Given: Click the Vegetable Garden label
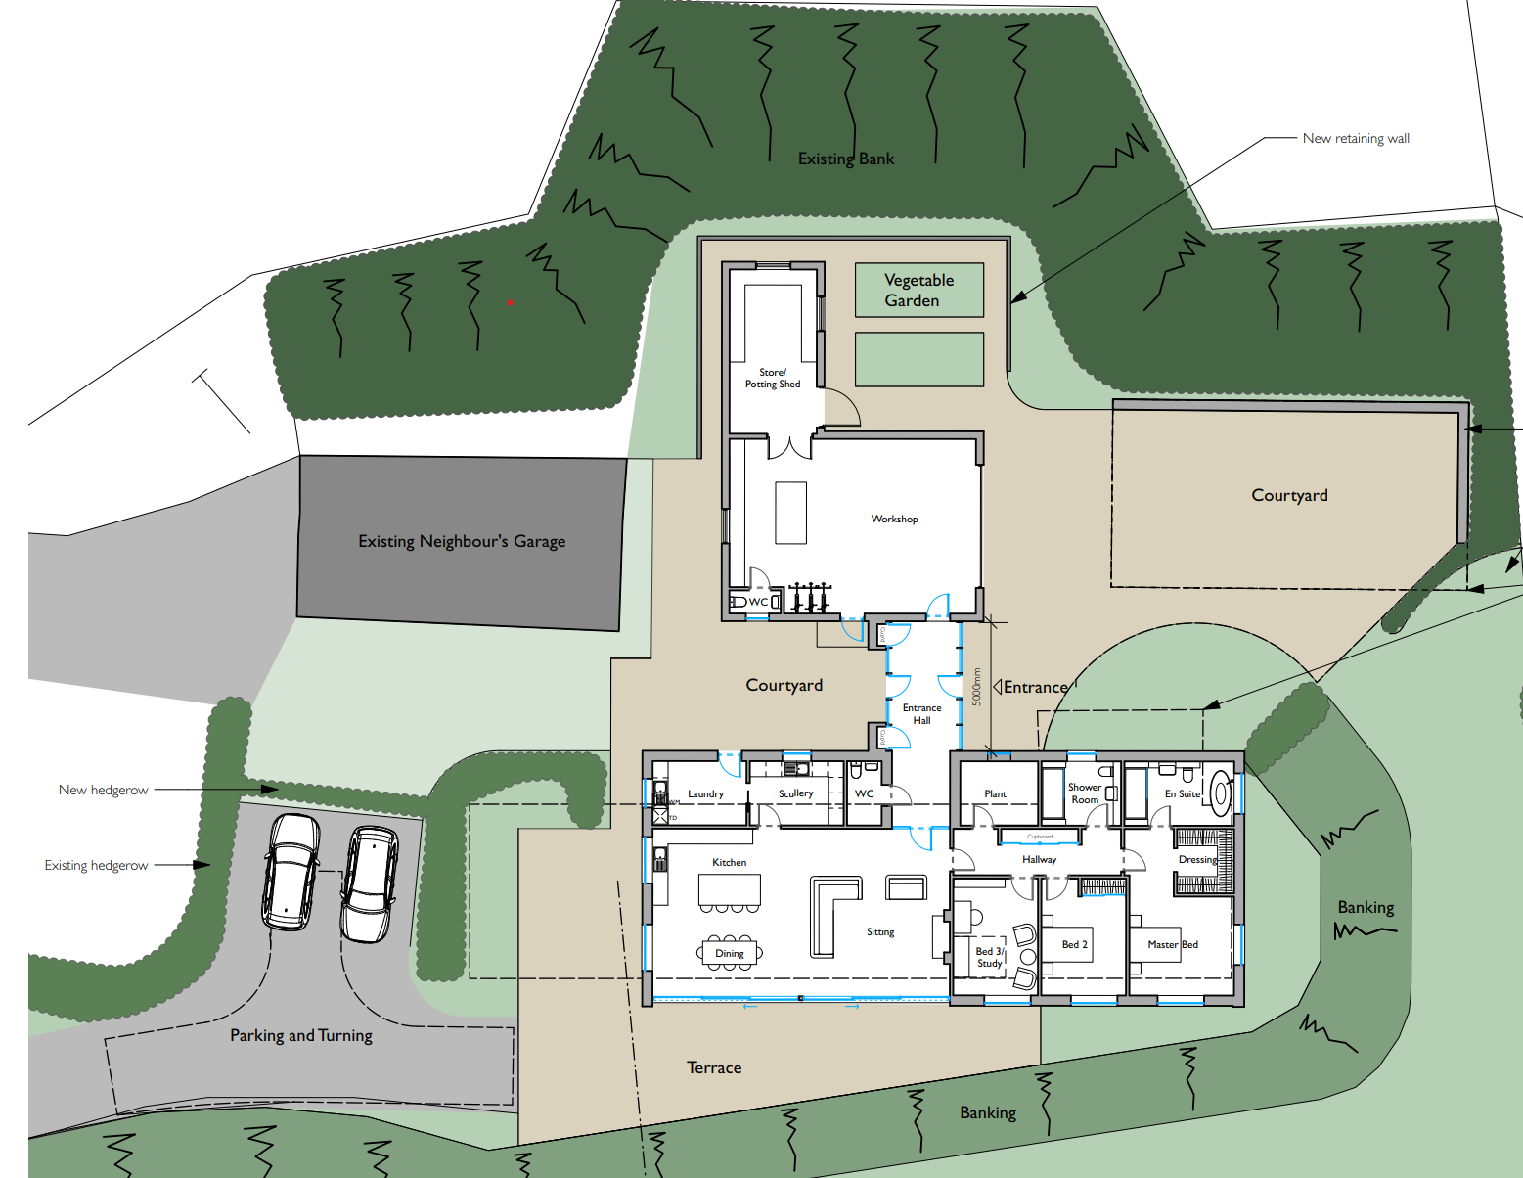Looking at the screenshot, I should click(x=918, y=291).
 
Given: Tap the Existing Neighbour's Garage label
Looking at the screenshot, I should click(x=462, y=541).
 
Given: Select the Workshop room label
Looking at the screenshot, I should click(x=894, y=520).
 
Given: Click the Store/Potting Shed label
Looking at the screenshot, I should click(x=773, y=379).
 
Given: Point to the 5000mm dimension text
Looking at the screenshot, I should click(x=976, y=687).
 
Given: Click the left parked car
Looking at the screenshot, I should click(x=290, y=871).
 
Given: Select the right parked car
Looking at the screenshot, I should click(x=369, y=883).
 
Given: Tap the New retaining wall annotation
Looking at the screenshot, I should click(x=1356, y=139).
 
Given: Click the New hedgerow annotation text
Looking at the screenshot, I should click(x=103, y=790).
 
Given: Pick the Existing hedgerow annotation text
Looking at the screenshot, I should click(x=96, y=865).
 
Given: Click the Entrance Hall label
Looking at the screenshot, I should click(x=921, y=714).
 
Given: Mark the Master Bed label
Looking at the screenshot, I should click(x=1172, y=945).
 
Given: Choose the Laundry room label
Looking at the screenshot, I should click(x=705, y=793).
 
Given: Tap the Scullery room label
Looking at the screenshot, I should click(x=795, y=793).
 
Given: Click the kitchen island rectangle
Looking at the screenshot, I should click(x=729, y=889).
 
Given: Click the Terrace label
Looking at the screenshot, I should click(x=714, y=1067).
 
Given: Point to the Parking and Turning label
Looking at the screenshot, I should click(x=301, y=1035).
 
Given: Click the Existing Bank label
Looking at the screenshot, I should click(x=846, y=159).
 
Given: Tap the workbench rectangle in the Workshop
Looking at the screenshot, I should click(x=791, y=513).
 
